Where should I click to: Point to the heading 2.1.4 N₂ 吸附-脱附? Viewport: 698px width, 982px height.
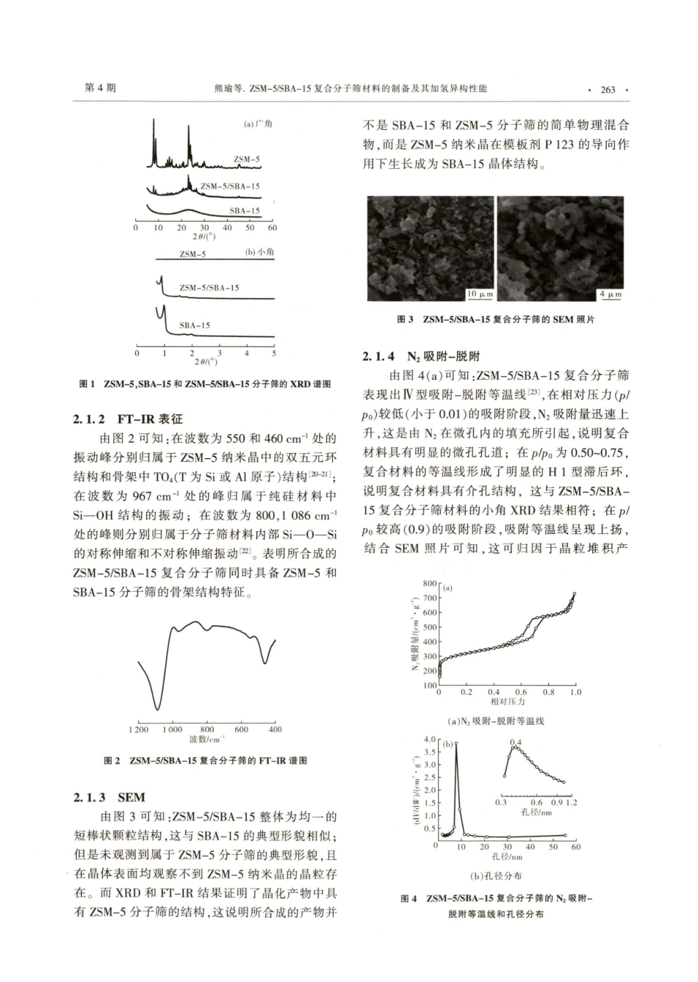420,356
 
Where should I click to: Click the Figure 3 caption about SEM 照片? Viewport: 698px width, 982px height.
495,320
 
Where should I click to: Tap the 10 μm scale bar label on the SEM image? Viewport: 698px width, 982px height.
480,295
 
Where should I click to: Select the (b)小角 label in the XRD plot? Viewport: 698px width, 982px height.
258,253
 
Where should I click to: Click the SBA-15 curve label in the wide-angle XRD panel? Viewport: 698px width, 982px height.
245,210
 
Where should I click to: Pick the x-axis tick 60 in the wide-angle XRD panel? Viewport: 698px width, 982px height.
272,228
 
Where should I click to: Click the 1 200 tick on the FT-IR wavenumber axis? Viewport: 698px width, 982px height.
138,729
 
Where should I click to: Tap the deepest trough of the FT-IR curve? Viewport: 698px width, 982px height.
156,708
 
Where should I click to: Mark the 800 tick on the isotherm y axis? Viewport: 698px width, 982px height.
429,583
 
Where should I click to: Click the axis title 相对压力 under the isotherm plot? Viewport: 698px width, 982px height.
506,702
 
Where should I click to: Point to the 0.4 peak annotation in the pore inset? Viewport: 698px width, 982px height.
515,743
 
